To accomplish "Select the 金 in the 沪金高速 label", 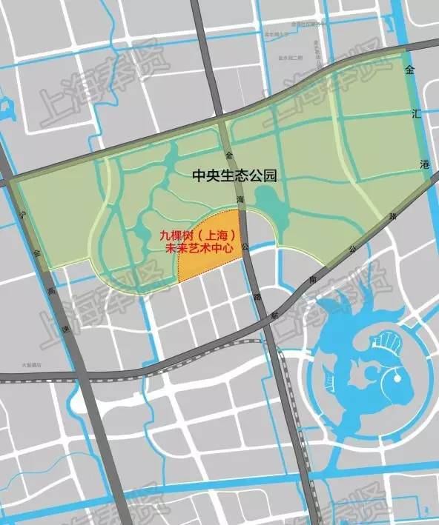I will [x=35, y=253].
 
